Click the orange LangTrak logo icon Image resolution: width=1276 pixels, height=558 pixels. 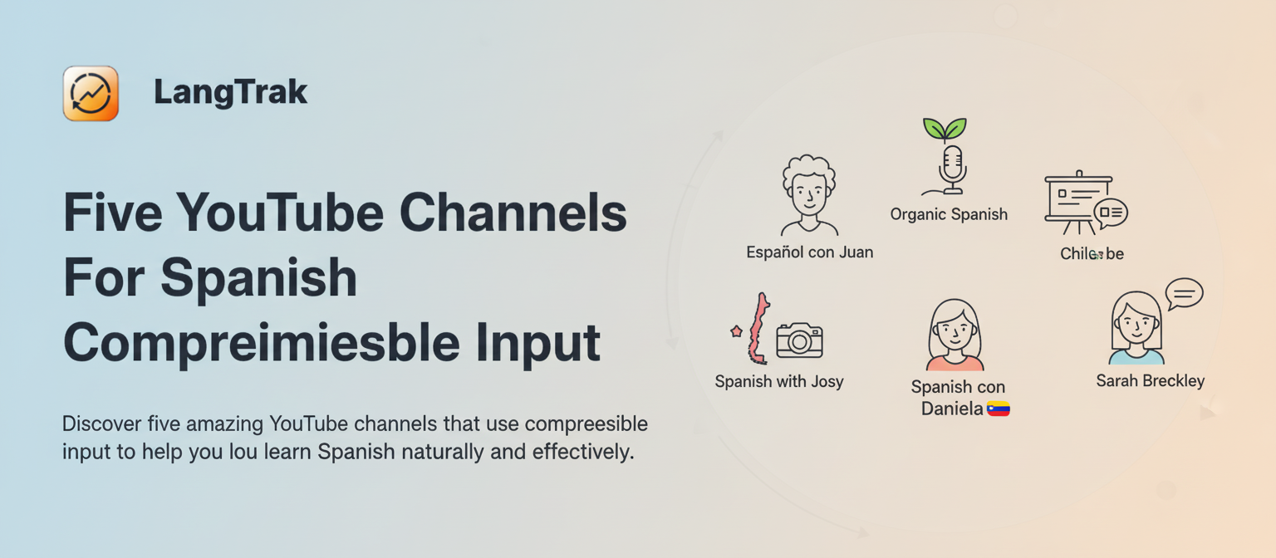coord(91,94)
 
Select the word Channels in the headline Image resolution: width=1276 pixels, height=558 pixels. coord(513,213)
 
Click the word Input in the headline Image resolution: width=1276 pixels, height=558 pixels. coord(543,342)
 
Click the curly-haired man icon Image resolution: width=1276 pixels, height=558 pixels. coord(808,196)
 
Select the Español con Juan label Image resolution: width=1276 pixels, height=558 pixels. coord(809,252)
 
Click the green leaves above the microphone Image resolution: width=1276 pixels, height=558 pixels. coord(945,129)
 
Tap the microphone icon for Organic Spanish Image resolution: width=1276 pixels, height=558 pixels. coord(952,167)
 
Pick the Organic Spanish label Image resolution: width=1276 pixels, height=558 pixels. coord(949,214)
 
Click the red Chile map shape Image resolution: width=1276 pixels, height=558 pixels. coord(757,329)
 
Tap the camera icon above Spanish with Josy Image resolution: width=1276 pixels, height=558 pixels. coord(799,340)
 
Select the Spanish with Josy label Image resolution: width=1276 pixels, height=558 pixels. coord(778,382)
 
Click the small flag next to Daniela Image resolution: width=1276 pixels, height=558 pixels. coord(998,409)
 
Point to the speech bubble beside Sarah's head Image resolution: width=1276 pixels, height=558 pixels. coord(1184,293)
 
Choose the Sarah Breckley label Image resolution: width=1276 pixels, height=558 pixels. coord(1150,381)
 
